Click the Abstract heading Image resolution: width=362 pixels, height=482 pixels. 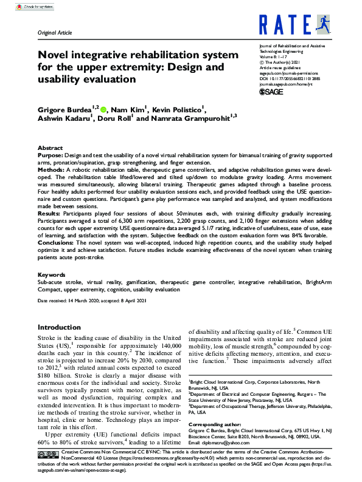click(x=50, y=148)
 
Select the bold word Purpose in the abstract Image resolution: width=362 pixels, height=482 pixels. click(x=50, y=155)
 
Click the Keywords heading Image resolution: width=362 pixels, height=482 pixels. click(x=51, y=275)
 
